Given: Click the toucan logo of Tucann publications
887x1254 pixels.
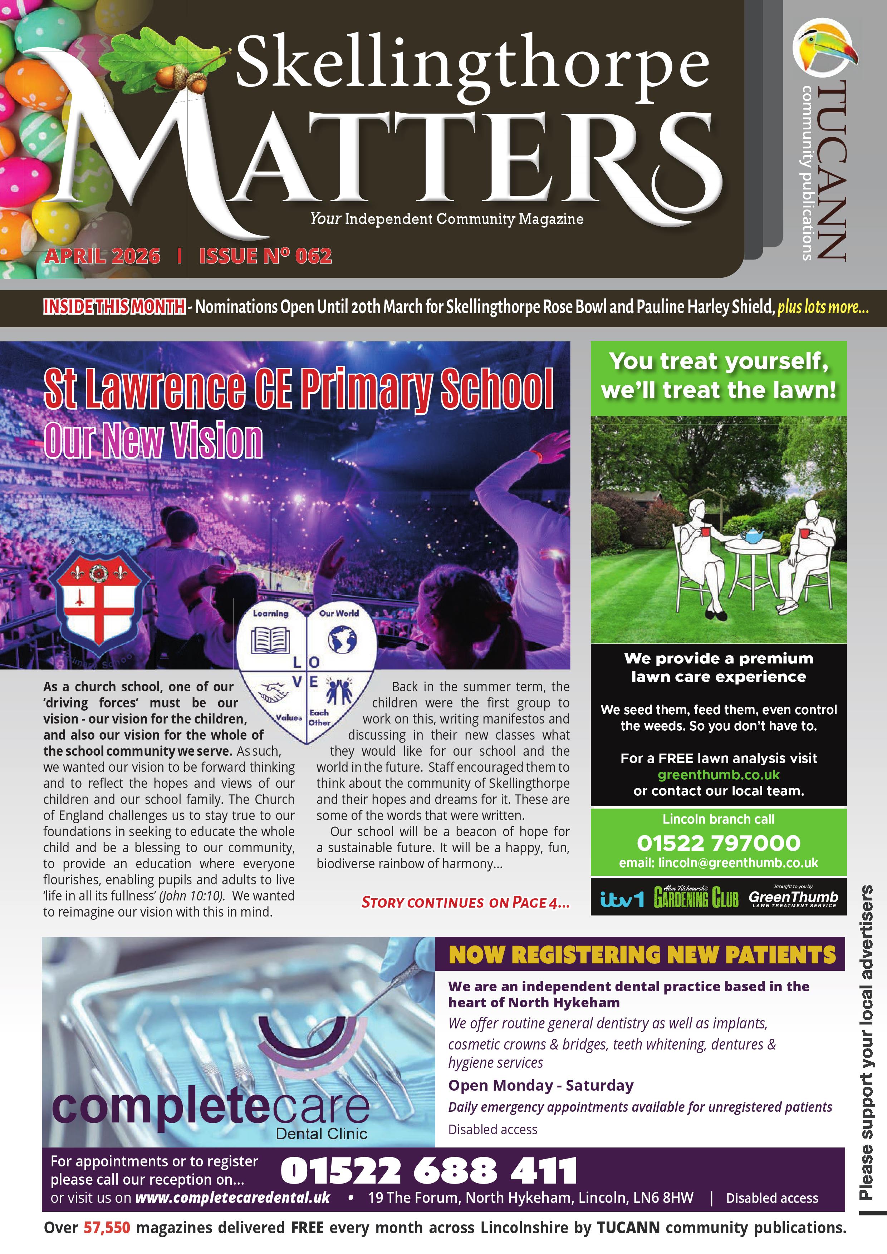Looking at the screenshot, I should click(825, 48).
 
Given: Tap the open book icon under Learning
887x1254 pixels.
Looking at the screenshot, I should click(270, 640).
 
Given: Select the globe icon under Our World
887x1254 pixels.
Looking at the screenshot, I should click(342, 639).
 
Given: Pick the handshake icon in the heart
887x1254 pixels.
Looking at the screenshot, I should click(273, 693).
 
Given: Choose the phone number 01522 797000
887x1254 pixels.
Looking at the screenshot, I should click(718, 843).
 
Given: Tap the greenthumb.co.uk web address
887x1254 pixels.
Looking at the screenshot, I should click(718, 775).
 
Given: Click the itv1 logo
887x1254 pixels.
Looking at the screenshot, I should click(621, 898).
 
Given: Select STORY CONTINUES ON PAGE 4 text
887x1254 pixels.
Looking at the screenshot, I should click(465, 902).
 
